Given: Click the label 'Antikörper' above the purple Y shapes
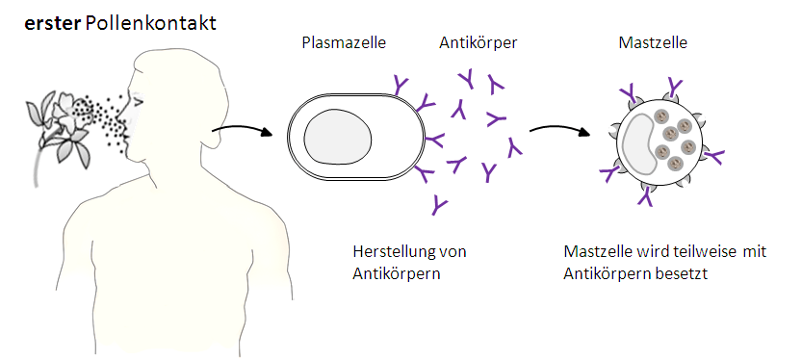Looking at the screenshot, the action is [478, 43].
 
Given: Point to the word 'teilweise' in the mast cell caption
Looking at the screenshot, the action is [694, 252].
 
